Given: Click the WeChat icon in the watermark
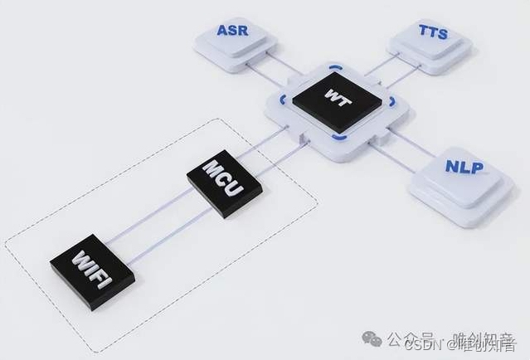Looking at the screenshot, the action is (374, 338).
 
